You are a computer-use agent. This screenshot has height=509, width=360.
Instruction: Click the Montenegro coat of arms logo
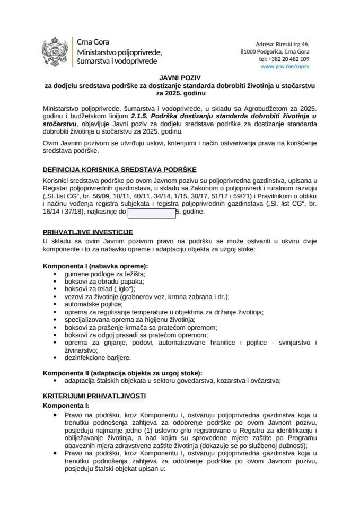click(x=56, y=51)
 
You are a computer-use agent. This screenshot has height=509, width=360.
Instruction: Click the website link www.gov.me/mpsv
click(x=285, y=67)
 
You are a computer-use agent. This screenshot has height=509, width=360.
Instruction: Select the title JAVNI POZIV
click(x=180, y=77)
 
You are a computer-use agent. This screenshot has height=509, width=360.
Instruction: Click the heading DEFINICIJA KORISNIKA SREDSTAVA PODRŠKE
click(x=119, y=170)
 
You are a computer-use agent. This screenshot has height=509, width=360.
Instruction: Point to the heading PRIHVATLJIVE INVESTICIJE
click(x=87, y=232)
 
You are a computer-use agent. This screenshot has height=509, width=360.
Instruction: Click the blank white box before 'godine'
click(x=152, y=213)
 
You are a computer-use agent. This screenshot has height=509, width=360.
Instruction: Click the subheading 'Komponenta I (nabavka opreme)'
click(x=95, y=265)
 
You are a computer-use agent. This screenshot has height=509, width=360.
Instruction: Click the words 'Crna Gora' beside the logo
click(x=93, y=42)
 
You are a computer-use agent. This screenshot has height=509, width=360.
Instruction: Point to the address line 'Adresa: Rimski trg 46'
click(x=283, y=43)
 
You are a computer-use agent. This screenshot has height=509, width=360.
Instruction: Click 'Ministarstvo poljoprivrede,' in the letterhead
click(x=119, y=52)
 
